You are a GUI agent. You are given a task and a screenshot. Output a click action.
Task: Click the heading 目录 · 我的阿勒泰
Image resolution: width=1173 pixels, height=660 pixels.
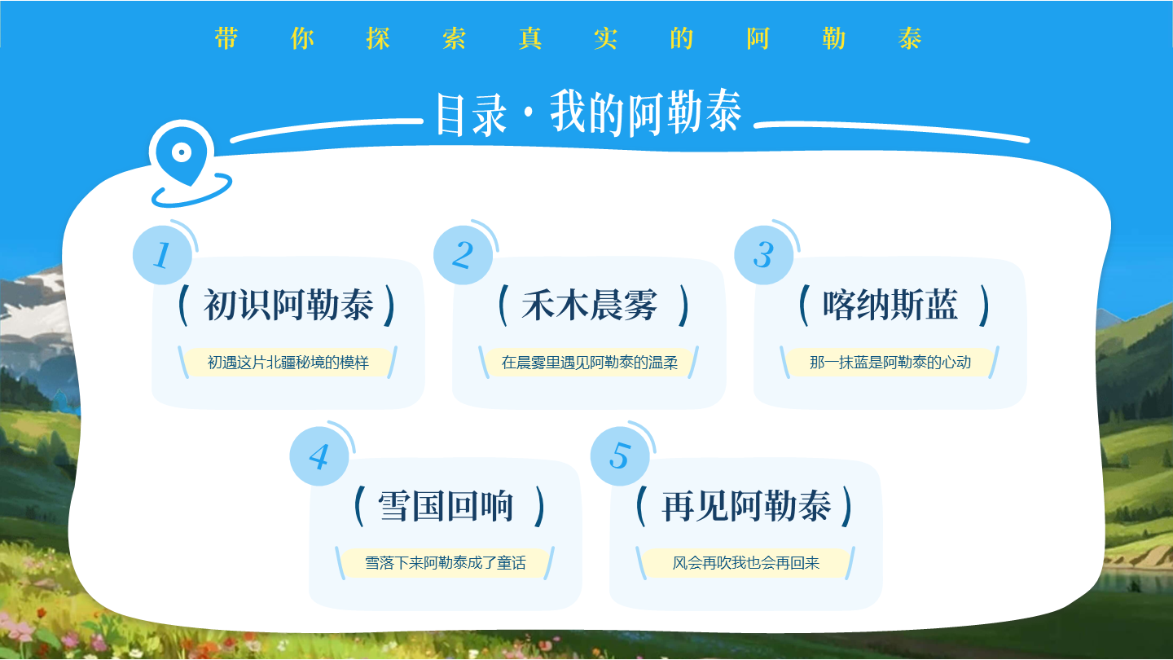pos(588,113)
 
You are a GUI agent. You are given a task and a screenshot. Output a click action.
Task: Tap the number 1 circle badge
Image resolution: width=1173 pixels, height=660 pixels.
pos(162,255)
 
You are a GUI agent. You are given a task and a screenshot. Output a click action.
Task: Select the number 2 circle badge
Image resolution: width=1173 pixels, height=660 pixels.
pos(463,254)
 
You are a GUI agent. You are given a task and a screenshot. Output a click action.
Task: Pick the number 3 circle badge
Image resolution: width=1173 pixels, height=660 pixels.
pos(763,254)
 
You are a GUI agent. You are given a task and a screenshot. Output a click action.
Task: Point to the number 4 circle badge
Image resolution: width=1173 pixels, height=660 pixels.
pos(319,456)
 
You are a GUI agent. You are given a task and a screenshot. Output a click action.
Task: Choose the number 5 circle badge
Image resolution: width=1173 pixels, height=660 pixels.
pos(620,455)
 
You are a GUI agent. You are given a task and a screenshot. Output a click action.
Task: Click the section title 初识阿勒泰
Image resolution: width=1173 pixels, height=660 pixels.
pos(288,306)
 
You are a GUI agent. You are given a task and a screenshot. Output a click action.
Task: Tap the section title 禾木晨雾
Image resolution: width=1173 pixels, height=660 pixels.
pos(589,306)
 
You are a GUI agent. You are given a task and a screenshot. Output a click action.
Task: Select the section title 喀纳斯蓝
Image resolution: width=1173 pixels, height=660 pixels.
pos(890,306)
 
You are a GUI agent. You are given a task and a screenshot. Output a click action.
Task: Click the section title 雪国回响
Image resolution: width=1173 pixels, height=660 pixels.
pos(446,507)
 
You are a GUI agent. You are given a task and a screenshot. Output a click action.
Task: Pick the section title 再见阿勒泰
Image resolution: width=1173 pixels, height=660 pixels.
pos(746,507)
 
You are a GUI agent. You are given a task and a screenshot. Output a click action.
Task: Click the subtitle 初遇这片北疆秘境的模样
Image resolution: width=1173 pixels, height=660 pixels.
pos(288,362)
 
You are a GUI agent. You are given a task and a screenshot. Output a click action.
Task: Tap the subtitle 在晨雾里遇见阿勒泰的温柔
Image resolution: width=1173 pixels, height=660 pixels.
pos(590,362)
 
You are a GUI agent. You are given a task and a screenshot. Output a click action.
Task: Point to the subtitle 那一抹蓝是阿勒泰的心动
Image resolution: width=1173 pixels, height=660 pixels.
pos(890,362)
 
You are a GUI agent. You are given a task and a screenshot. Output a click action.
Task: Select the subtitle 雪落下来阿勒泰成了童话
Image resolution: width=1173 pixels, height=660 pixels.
pos(446,563)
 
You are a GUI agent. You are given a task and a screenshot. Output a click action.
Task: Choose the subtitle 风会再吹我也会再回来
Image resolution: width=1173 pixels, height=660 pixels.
pos(746,563)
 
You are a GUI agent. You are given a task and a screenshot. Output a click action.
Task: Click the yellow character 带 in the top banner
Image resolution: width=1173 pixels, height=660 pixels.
pos(226,38)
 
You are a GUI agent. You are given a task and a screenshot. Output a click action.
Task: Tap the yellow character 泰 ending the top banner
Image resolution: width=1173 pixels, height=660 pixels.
pos(910,38)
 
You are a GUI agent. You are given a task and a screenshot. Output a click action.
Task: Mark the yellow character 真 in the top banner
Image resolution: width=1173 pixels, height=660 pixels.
pos(530,38)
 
